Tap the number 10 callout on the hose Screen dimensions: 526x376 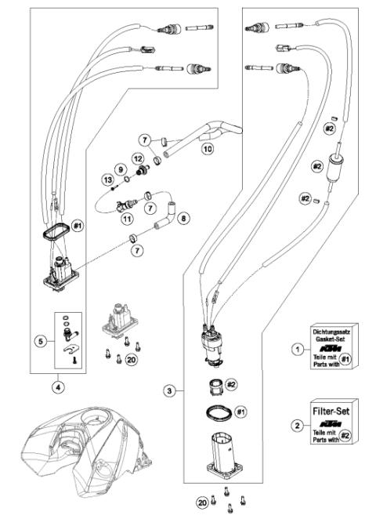click(x=208, y=147)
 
